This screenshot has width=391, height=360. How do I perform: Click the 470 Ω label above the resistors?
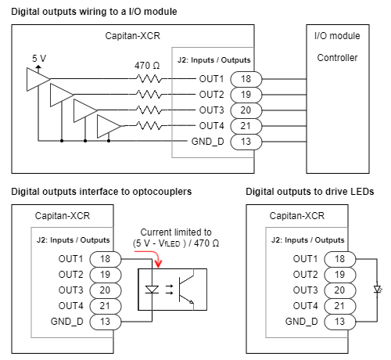147,65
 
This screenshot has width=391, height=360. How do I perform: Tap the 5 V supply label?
39,58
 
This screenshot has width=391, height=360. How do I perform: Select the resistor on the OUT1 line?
149,78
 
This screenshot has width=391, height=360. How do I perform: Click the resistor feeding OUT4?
149,126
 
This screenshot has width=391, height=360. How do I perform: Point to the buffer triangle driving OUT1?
38,79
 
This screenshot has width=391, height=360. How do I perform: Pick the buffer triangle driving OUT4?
109,126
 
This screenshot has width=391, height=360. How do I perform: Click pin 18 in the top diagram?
246,79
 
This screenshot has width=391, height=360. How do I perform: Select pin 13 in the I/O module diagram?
246,142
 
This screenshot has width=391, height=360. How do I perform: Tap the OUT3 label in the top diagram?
211,110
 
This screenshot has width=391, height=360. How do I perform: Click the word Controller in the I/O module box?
337,58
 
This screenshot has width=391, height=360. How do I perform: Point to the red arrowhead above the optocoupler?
158,264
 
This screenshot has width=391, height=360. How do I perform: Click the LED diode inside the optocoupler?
152,290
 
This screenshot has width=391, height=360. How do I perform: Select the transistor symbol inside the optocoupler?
185,290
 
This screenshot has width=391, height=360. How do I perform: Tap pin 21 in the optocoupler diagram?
106,306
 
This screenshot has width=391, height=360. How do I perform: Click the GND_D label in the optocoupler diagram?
67,322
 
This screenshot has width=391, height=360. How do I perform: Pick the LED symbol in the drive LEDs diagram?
378,290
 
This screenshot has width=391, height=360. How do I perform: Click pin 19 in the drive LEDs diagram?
339,275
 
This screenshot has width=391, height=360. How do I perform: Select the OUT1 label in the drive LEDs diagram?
305,259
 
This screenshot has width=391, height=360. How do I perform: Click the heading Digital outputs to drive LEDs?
310,192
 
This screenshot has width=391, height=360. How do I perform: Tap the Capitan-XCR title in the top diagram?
132,36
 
